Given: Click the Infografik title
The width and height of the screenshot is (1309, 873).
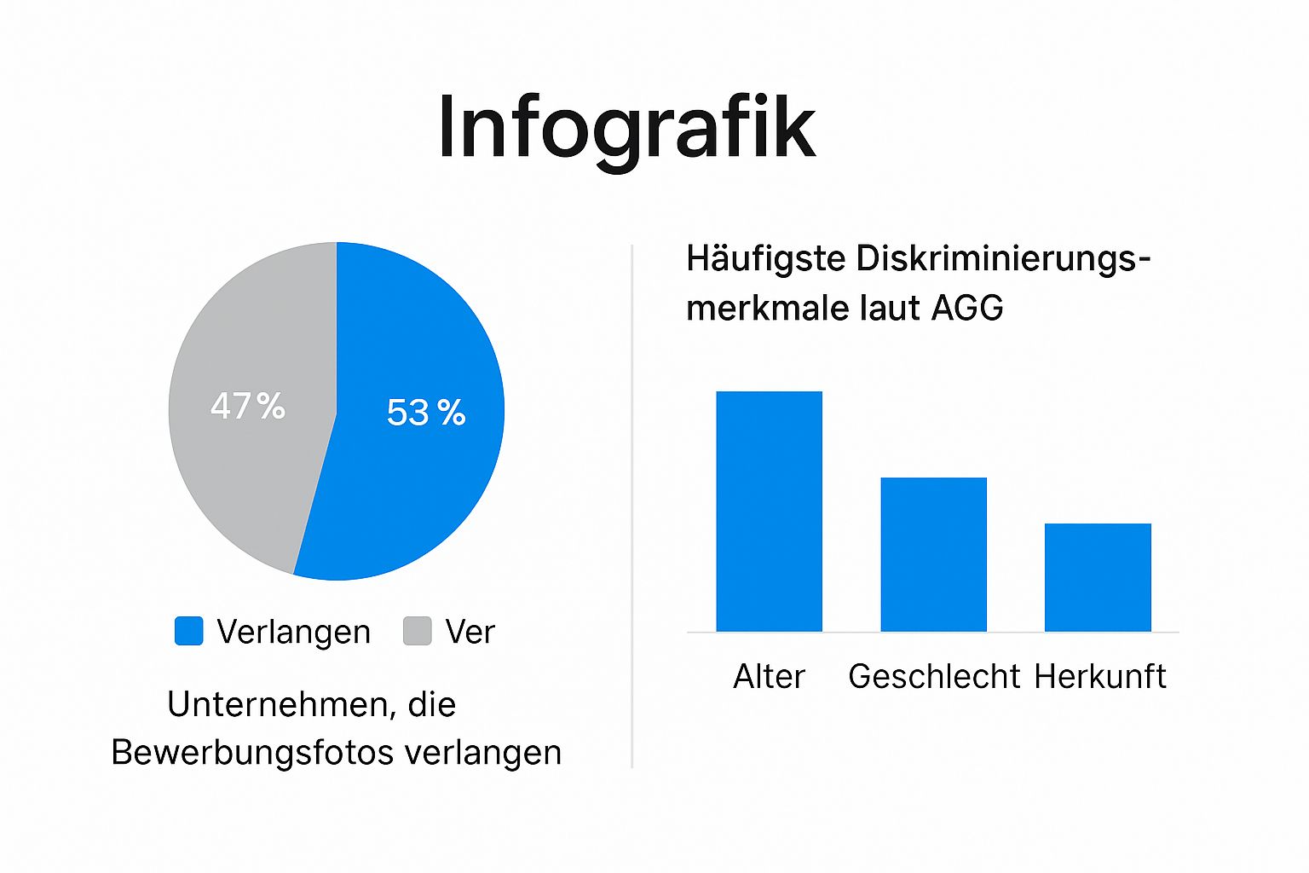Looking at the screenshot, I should [626, 128].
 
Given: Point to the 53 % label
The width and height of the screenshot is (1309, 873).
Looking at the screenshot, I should [426, 413].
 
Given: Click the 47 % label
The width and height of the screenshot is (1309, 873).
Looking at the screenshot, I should [247, 406].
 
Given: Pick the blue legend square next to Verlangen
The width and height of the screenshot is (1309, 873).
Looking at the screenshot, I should [188, 631].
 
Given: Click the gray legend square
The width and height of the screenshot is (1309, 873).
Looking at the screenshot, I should [417, 631].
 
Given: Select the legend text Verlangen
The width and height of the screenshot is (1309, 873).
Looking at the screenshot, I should [293, 632].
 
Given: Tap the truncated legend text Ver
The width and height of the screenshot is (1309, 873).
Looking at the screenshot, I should [470, 632].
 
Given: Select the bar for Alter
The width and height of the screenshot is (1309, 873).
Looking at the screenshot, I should [769, 512].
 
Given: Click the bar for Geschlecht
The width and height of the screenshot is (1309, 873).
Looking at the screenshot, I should [933, 554].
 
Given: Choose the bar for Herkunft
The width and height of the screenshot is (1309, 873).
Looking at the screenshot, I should [1098, 577].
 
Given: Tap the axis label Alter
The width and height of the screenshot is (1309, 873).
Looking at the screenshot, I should [769, 676].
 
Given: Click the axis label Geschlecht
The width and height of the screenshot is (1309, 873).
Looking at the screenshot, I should [934, 676].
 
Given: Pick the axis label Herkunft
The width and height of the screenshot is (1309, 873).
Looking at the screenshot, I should [1099, 676].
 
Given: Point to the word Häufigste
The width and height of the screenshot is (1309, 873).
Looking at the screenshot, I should [765, 259].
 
